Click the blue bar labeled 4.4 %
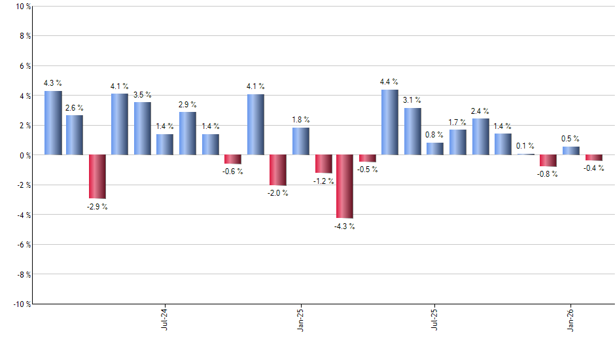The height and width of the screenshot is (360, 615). pos(389,122)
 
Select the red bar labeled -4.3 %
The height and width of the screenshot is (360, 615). pos(345,187)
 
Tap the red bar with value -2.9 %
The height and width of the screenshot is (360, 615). pos(97,177)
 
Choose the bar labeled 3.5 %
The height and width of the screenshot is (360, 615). pos(143,129)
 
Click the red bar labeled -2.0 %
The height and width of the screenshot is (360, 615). pos(278,170)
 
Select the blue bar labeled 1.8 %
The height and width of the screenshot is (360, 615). pos(301,141)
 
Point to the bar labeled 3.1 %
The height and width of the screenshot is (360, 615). pos(412,132)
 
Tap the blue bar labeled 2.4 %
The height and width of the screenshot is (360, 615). pos(480,137)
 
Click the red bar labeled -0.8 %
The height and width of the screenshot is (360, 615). pos(548,161)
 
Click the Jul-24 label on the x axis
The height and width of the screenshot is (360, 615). pos(164,319)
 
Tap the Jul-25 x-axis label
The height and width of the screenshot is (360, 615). pos(435,319)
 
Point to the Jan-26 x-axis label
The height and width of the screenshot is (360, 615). pos(571,319)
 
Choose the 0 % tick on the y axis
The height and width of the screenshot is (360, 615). pos(25,155)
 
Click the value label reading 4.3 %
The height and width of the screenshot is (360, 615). pos(53,83)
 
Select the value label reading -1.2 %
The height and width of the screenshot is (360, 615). pos(324,181)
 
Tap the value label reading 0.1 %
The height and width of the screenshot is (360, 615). pos(525,146)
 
